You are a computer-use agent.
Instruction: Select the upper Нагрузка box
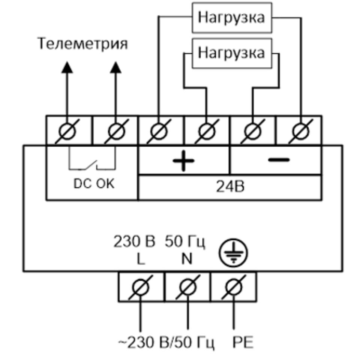(231, 17)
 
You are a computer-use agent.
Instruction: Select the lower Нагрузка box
(231, 52)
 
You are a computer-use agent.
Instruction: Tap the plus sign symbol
(183, 160)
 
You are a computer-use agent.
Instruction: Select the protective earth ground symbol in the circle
(229, 251)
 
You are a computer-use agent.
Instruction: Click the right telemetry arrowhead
(115, 67)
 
